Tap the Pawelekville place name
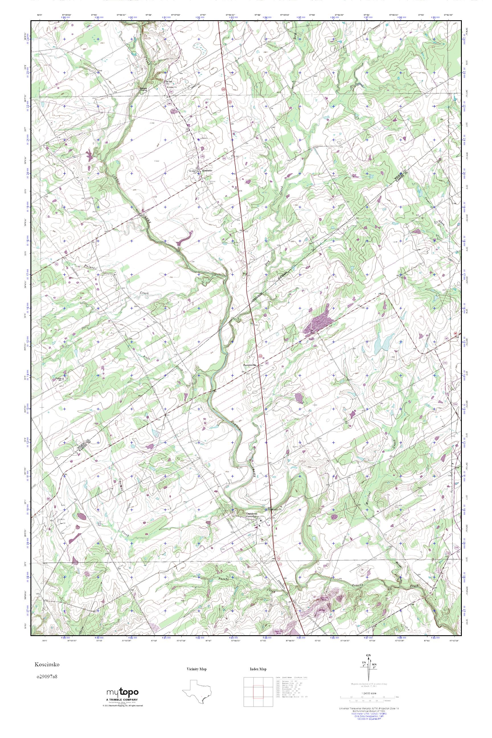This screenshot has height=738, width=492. [250, 365]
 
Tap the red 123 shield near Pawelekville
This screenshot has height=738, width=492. [261, 356]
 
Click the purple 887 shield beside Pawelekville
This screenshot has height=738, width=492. [266, 363]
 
